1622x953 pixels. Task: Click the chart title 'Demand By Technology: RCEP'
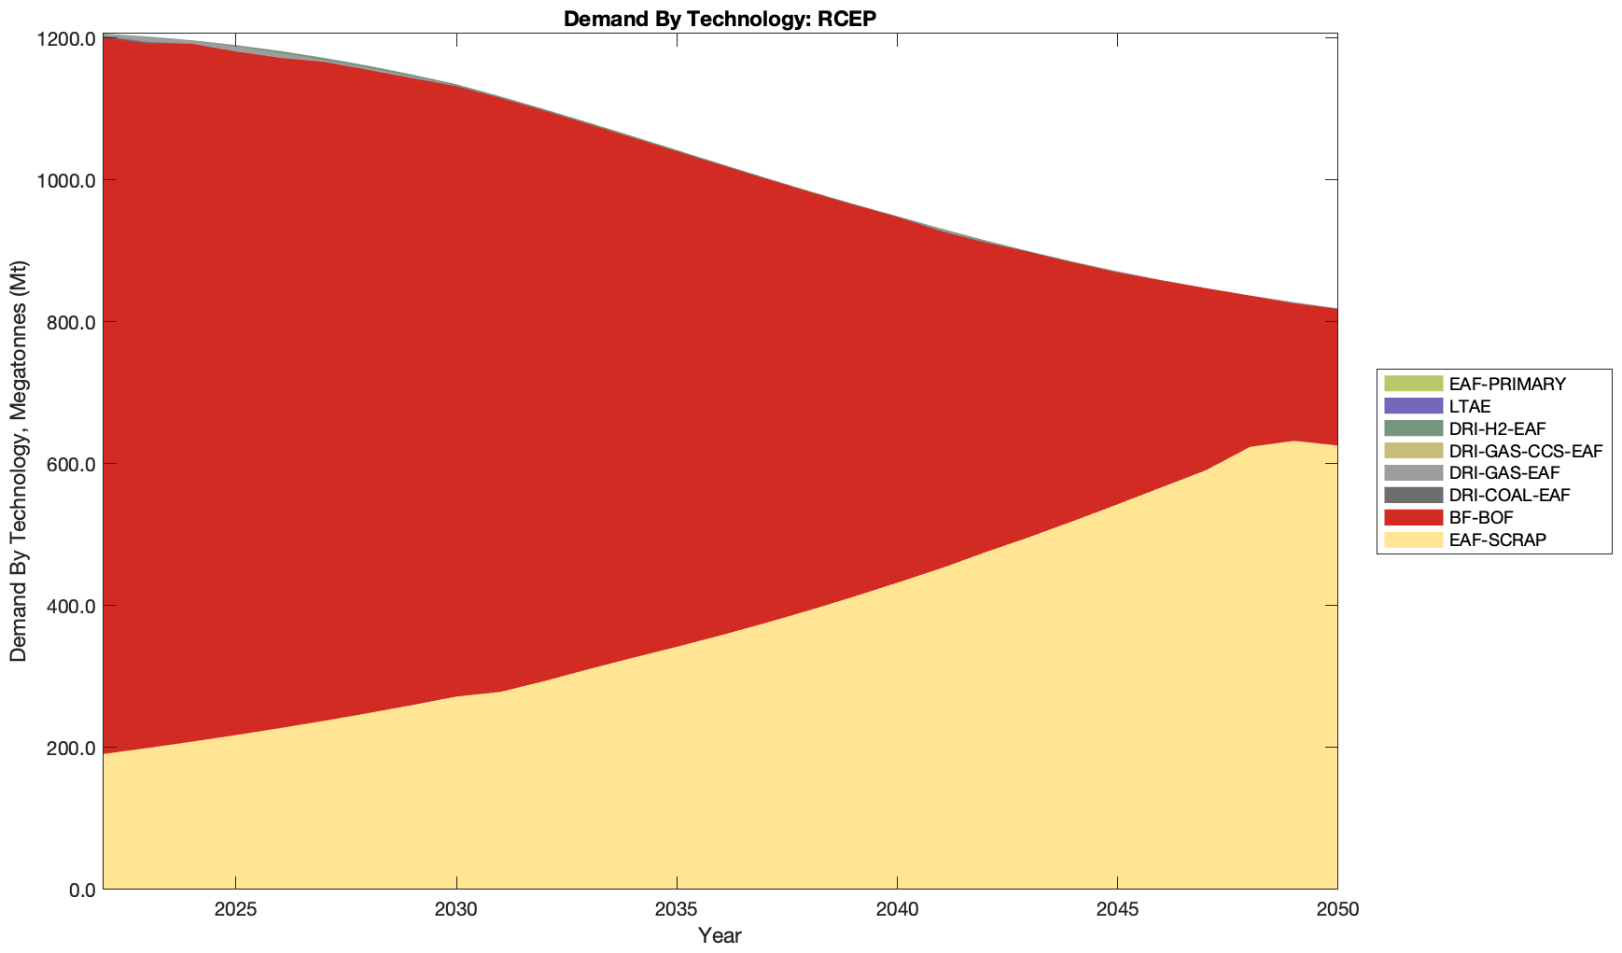[x=720, y=19]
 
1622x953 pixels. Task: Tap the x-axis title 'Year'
[x=720, y=935]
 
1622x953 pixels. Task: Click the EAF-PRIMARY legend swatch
[x=1413, y=384]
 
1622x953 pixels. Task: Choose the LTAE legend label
[x=1470, y=406]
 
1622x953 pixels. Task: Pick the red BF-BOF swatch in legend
[x=1413, y=517]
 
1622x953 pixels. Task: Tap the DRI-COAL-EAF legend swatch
[x=1413, y=495]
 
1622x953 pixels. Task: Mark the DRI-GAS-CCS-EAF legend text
[x=1525, y=451]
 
